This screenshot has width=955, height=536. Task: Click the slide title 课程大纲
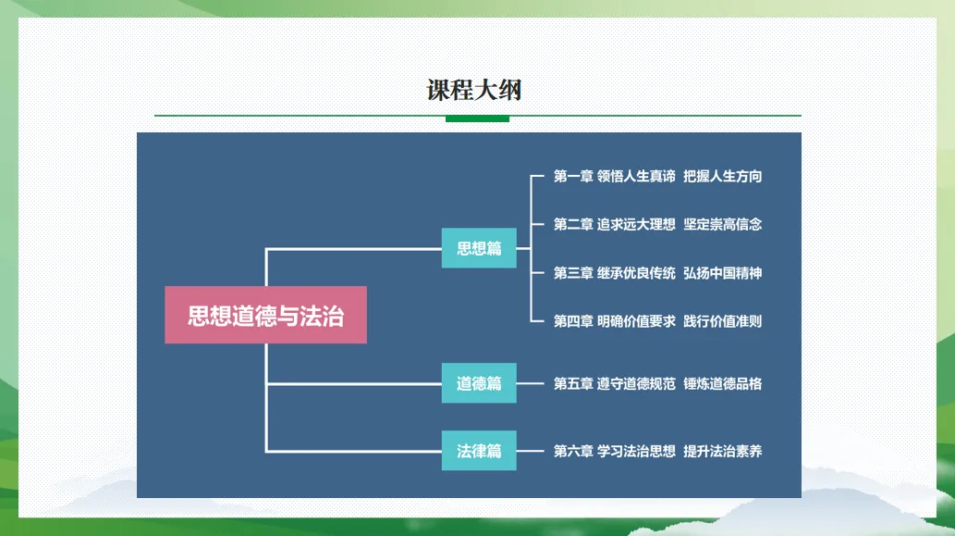(x=474, y=91)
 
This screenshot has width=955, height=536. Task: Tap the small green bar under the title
(x=477, y=118)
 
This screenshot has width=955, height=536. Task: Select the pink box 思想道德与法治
(x=265, y=315)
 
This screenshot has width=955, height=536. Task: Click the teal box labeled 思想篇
(x=479, y=248)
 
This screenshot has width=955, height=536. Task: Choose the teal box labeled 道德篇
(x=479, y=383)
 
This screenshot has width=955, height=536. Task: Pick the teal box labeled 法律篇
(x=479, y=451)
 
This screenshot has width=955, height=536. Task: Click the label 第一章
(x=573, y=176)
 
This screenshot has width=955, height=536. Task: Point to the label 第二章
(x=573, y=224)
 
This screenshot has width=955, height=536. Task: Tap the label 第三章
(x=573, y=273)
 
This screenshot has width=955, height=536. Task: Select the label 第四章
(x=573, y=321)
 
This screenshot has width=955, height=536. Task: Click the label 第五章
(x=573, y=383)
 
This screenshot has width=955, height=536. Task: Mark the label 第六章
(x=573, y=452)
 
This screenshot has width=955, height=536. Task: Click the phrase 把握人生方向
(x=723, y=176)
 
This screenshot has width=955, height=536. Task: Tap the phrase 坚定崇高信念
(x=723, y=224)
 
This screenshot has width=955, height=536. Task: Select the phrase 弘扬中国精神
(x=723, y=273)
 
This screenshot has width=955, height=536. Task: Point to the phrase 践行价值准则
(x=723, y=321)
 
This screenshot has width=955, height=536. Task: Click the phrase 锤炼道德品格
(x=723, y=383)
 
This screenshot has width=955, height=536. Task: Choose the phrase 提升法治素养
(x=723, y=452)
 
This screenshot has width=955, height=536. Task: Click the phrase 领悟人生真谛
(x=636, y=176)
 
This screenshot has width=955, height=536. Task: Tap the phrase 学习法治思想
(x=636, y=452)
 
